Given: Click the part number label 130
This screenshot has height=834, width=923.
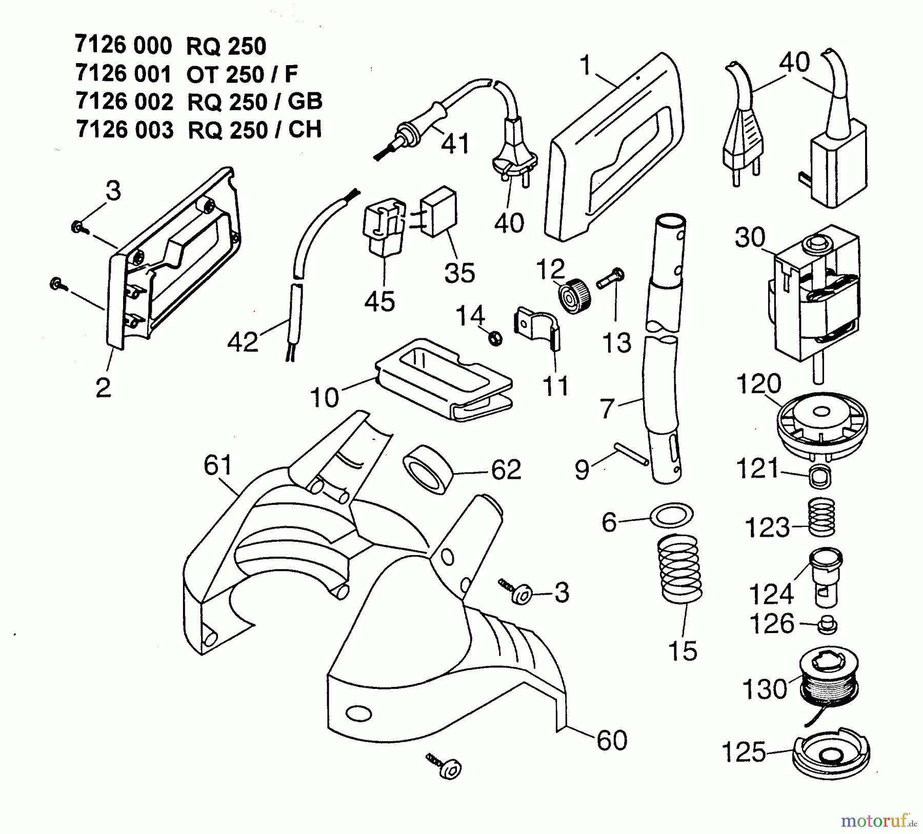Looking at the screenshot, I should (x=764, y=689).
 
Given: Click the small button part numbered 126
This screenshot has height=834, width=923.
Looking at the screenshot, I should (x=826, y=624).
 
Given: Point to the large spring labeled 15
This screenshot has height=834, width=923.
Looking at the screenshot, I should (x=679, y=568).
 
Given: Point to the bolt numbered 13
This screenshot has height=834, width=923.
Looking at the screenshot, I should (x=611, y=280).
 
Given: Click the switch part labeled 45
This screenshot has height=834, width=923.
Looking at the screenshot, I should (x=380, y=230).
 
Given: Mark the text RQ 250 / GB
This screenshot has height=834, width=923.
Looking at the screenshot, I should (x=255, y=102).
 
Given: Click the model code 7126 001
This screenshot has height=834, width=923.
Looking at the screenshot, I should (x=124, y=74).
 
